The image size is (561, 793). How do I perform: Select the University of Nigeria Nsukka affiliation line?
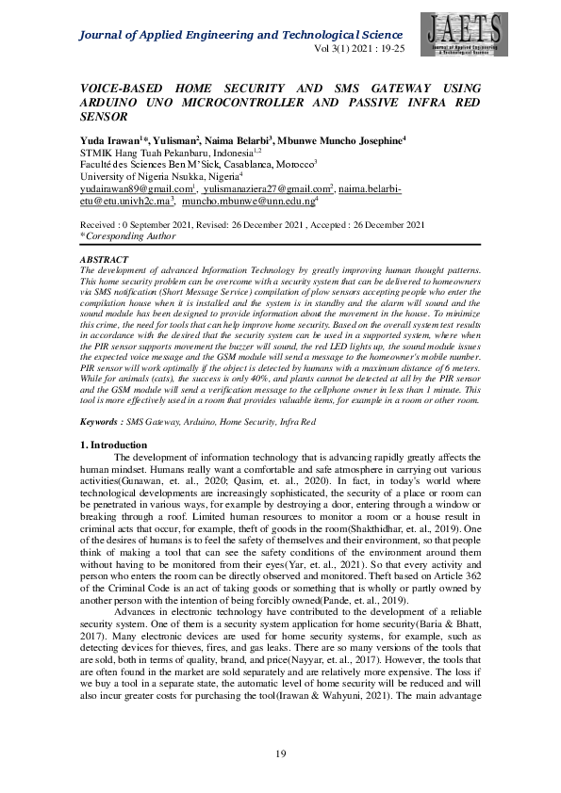[160, 176]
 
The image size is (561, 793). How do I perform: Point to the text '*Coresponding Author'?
[126, 237]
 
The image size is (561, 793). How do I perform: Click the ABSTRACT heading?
[105, 258]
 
